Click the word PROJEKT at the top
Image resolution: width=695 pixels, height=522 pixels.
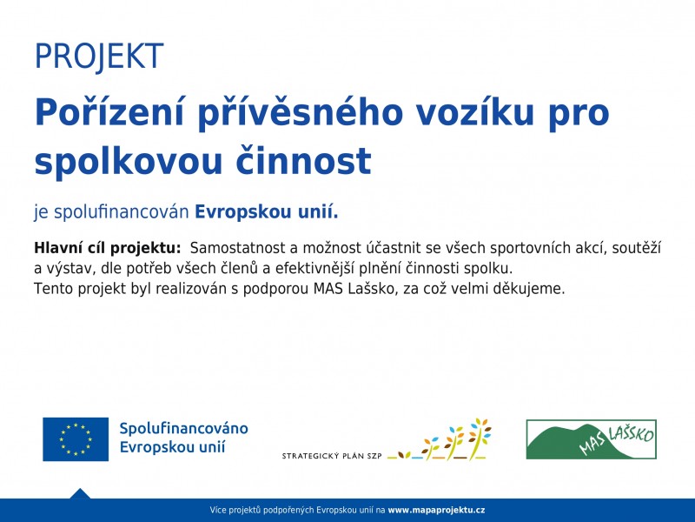(x=99, y=57)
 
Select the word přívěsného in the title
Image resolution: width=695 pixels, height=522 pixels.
(x=300, y=114)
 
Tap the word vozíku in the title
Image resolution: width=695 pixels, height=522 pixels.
(x=474, y=112)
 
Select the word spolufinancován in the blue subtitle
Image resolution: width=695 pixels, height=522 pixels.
(x=122, y=212)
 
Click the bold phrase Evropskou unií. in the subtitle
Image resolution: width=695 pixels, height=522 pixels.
(x=267, y=212)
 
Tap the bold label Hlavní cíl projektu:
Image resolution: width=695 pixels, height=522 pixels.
(x=108, y=248)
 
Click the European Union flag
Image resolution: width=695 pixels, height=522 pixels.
(x=76, y=439)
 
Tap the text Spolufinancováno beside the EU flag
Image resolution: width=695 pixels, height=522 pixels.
(x=183, y=428)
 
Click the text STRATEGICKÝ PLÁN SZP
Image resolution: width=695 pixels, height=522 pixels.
(x=332, y=456)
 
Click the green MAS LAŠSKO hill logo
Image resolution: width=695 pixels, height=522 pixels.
(x=592, y=439)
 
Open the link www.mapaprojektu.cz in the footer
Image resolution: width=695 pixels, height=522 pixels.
(x=436, y=511)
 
